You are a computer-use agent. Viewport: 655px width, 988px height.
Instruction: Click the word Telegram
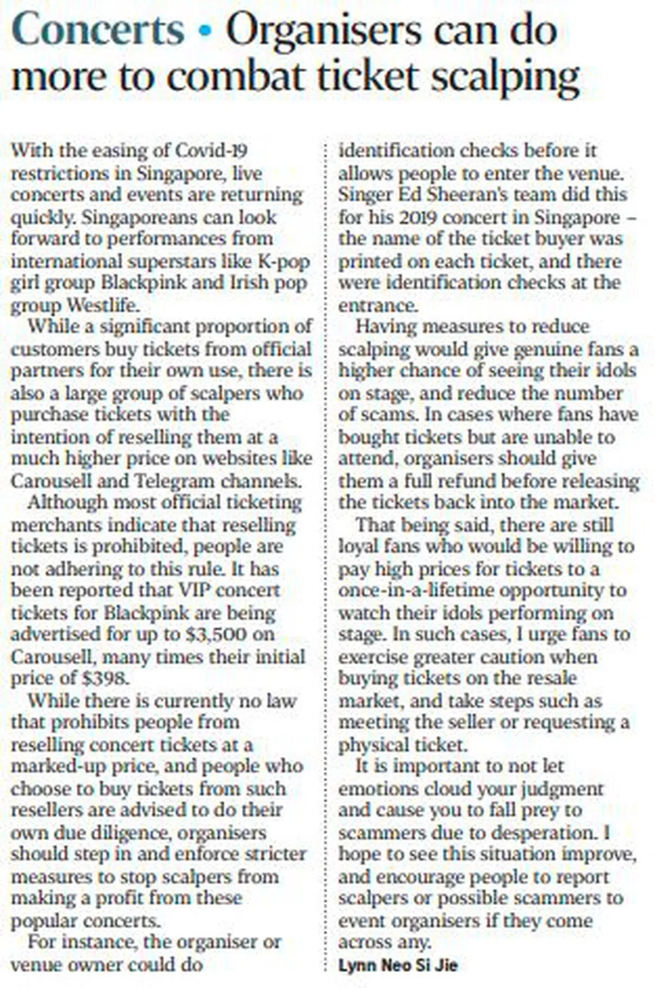coord(175,481)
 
